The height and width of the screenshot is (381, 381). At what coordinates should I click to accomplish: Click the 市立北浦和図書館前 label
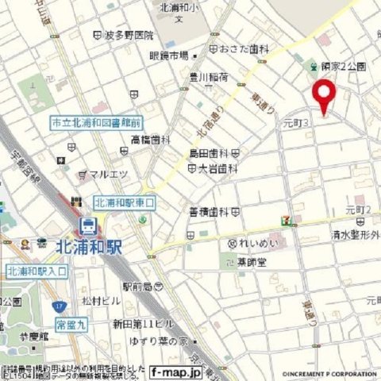point(95,123)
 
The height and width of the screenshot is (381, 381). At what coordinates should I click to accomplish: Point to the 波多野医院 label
point(128,36)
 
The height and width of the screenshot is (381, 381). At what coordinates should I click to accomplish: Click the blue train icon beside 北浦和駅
point(89,225)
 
